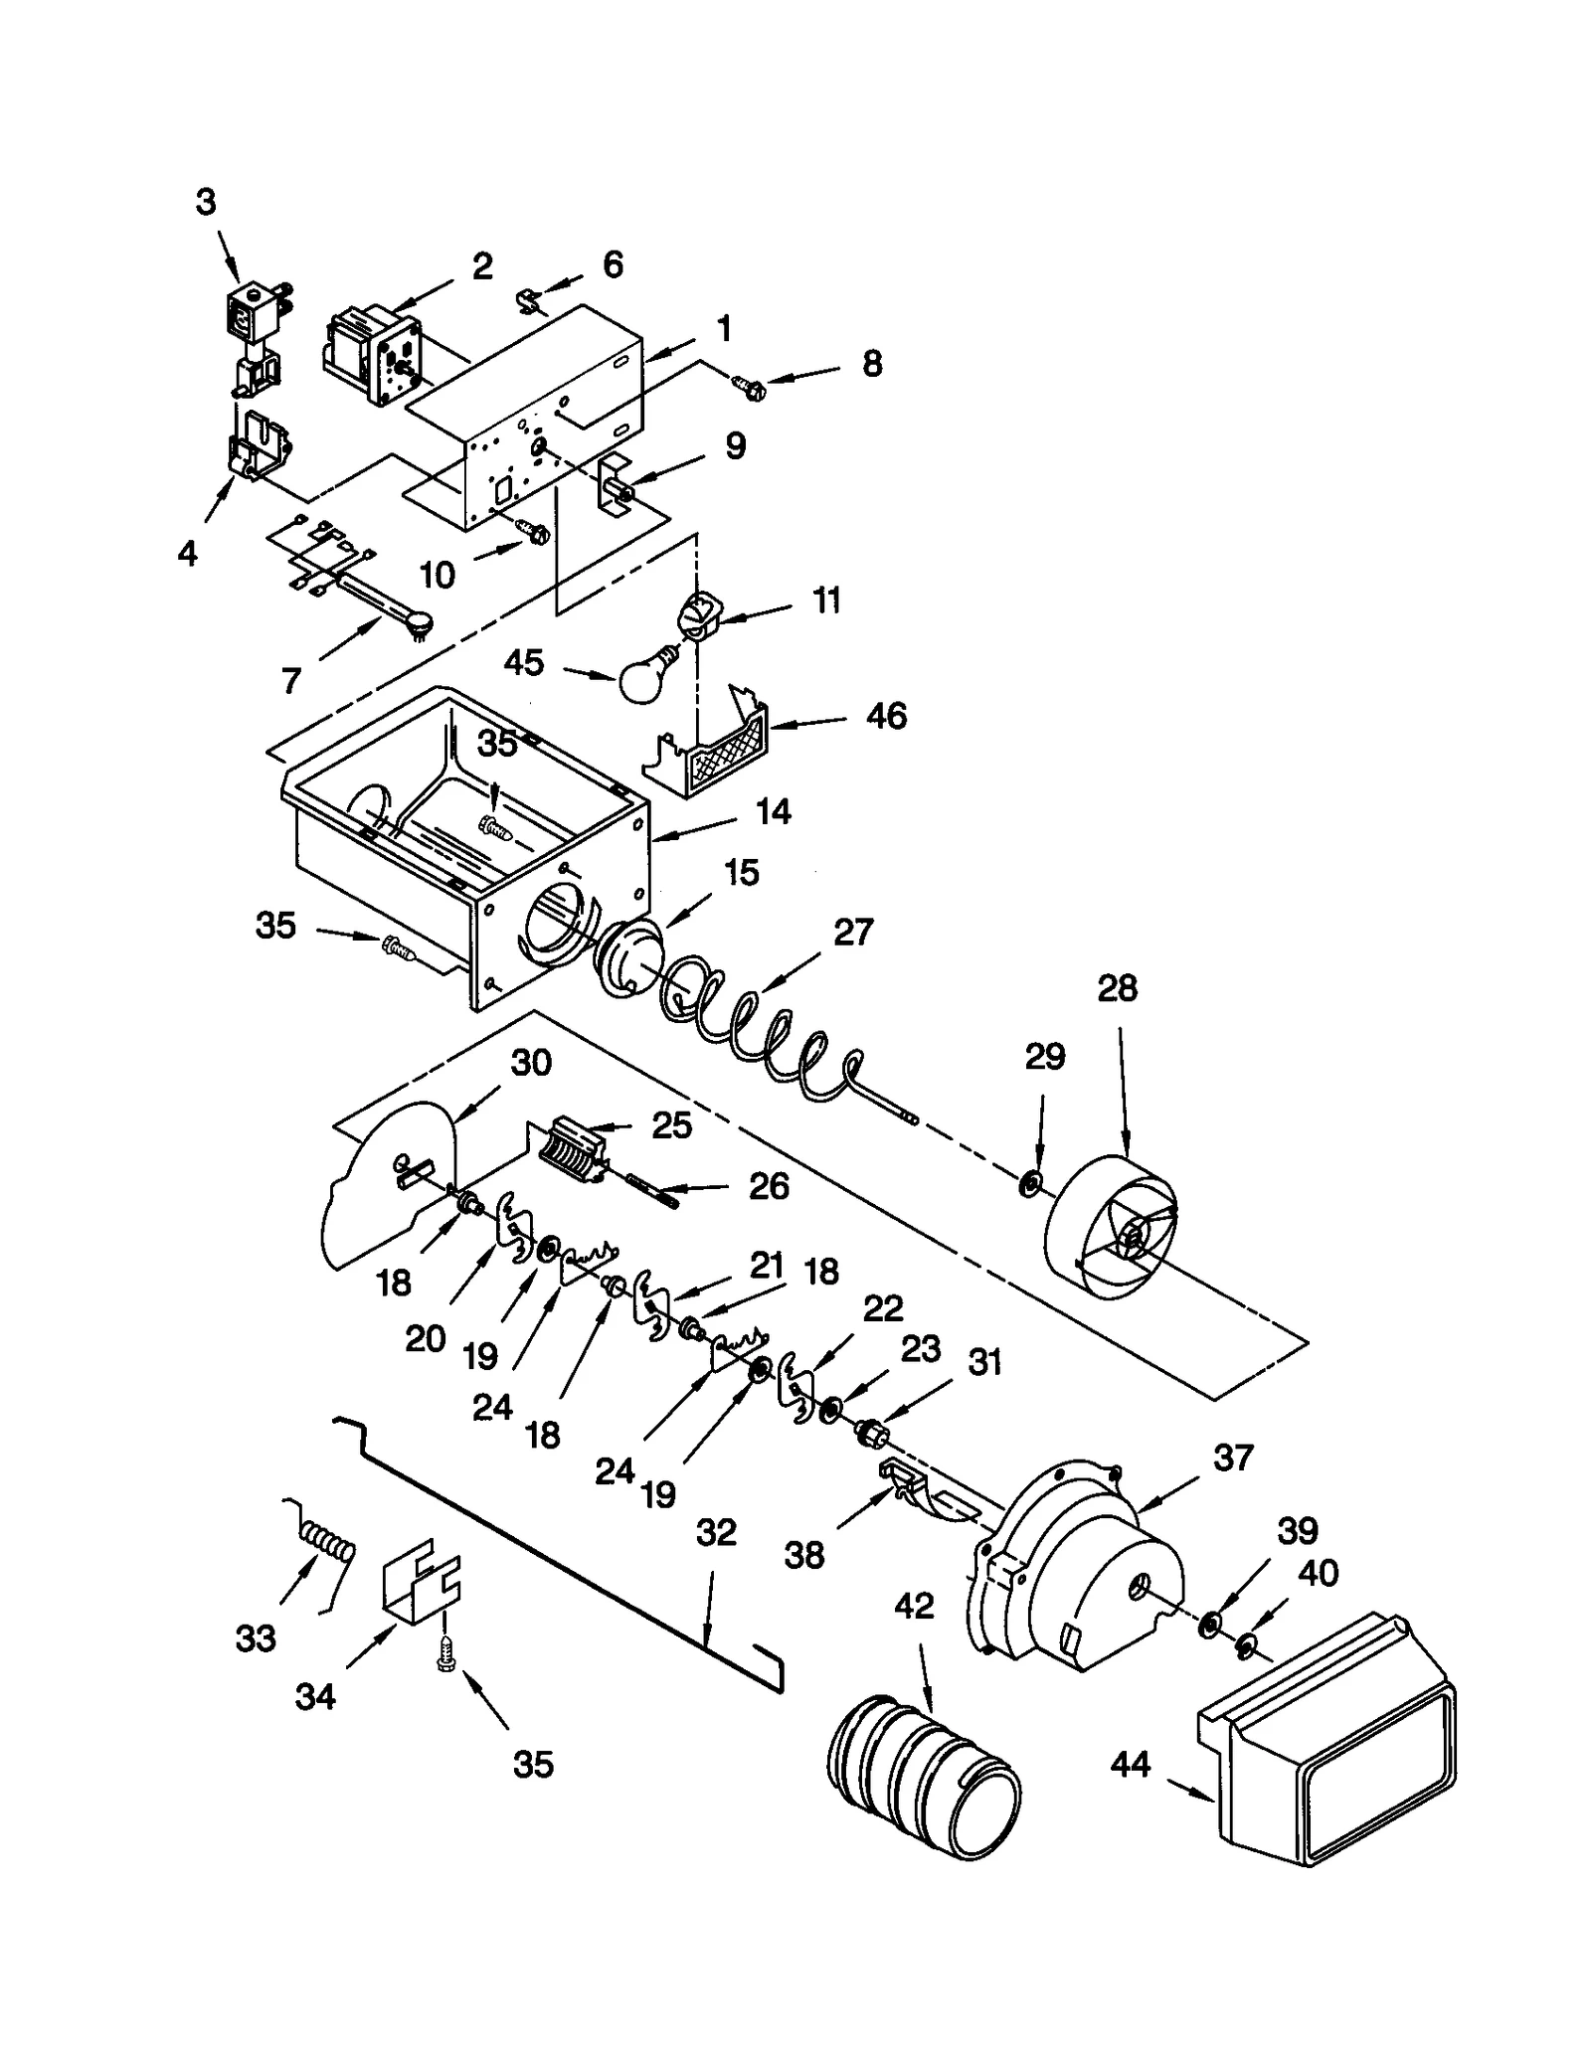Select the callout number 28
pos(1117,988)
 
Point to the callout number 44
pos(1130,1764)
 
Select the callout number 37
pos(1233,1458)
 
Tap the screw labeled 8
pos(750,386)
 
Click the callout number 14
pos(773,811)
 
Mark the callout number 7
pos(290,680)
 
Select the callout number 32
pos(715,1532)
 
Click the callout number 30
pos(531,1062)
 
